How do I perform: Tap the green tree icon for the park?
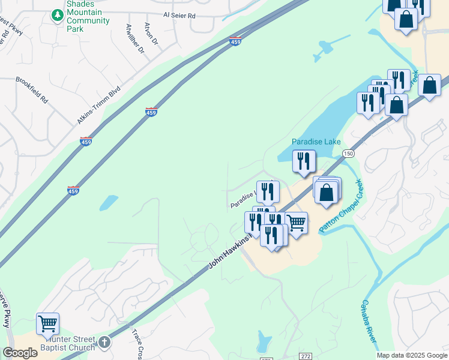coord(57,14)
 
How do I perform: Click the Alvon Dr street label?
coord(151,34)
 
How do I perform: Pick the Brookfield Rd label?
coord(32,89)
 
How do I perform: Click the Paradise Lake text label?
coord(316,142)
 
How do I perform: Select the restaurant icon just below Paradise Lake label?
coord(304,161)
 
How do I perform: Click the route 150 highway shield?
coord(349,154)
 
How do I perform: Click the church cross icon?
coord(104,342)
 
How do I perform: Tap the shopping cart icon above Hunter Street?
coord(48,323)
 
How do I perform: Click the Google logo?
coord(20,353)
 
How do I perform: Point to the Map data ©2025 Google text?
coord(411,355)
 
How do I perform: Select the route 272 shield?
coord(306,356)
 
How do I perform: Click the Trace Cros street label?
coord(136,346)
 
